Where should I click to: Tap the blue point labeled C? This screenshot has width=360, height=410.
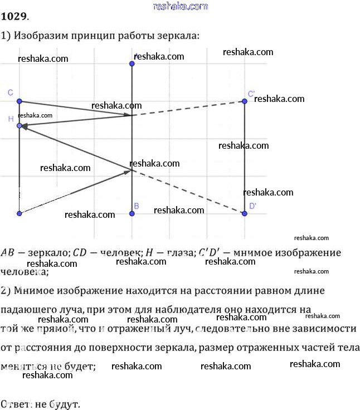click(x=20, y=101)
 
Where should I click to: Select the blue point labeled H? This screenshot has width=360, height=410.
click(x=20, y=126)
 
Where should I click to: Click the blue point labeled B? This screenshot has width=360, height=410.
click(x=132, y=213)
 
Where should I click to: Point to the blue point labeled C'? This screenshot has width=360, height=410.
click(x=244, y=101)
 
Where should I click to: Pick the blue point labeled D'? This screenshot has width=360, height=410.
click(x=244, y=213)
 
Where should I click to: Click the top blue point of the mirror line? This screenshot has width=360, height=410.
click(x=132, y=64)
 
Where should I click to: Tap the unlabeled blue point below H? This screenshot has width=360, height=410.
click(x=20, y=213)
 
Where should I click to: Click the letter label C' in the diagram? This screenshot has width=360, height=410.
click(x=251, y=93)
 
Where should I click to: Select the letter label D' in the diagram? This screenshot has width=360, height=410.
click(x=252, y=206)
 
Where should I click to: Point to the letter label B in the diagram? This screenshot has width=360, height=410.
click(x=137, y=206)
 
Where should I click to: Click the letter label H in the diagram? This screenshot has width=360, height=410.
click(x=11, y=119)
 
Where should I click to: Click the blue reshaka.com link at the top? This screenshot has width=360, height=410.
click(x=179, y=6)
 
